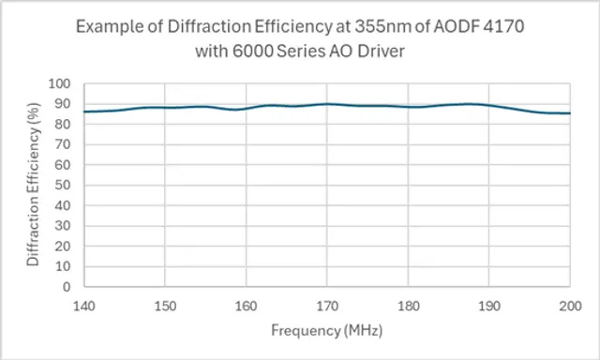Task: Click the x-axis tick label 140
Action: click(x=83, y=305)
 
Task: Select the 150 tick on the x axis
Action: click(x=164, y=305)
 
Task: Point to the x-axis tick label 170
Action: click(x=326, y=305)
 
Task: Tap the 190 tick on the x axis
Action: click(x=488, y=305)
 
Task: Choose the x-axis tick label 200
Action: click(x=569, y=305)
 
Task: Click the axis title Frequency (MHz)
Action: click(x=326, y=330)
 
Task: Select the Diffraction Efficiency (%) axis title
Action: click(x=34, y=185)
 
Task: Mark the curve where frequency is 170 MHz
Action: click(x=326, y=104)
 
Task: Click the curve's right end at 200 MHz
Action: click(x=569, y=113)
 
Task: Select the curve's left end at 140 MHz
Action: click(x=83, y=112)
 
